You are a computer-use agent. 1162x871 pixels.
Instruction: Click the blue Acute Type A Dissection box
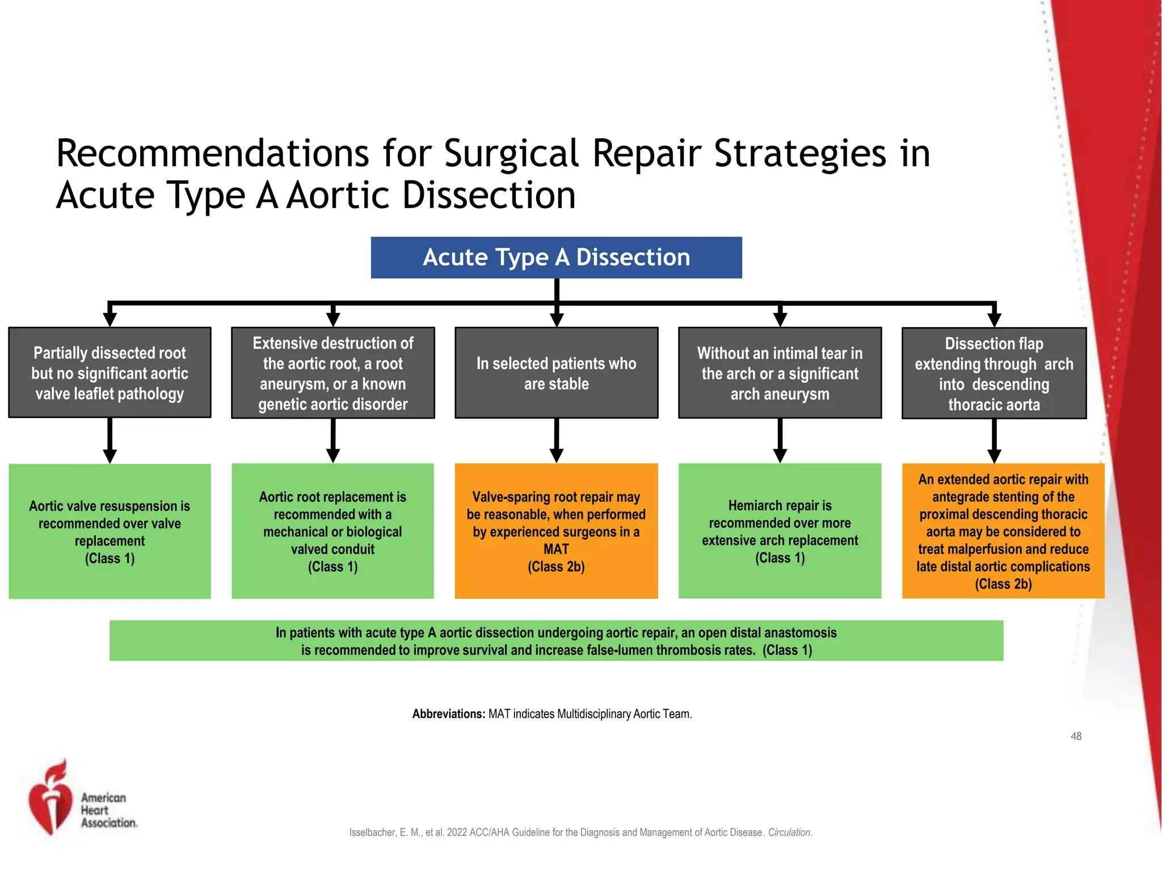(556, 257)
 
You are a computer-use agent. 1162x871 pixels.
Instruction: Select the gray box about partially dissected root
(110, 373)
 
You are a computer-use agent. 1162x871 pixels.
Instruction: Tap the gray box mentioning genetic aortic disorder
(333, 373)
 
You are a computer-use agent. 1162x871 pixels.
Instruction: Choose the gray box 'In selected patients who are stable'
(556, 373)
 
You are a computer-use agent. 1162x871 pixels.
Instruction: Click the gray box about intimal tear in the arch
(780, 373)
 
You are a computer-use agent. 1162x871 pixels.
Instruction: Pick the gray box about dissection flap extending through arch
(993, 373)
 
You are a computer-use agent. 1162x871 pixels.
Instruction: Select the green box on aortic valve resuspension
(110, 531)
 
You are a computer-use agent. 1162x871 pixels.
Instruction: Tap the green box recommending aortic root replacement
(333, 531)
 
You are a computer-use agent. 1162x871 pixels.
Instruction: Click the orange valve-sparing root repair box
(556, 531)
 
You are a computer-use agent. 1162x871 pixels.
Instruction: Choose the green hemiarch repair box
(780, 531)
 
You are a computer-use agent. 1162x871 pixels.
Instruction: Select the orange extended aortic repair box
(1003, 531)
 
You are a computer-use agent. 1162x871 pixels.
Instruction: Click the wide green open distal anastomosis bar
(556, 641)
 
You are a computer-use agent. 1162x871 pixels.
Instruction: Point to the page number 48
(1076, 736)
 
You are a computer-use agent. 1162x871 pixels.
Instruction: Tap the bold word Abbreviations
(448, 714)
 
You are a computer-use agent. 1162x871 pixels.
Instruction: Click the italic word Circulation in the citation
(789, 832)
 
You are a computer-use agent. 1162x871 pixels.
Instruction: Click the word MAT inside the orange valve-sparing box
(556, 549)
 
